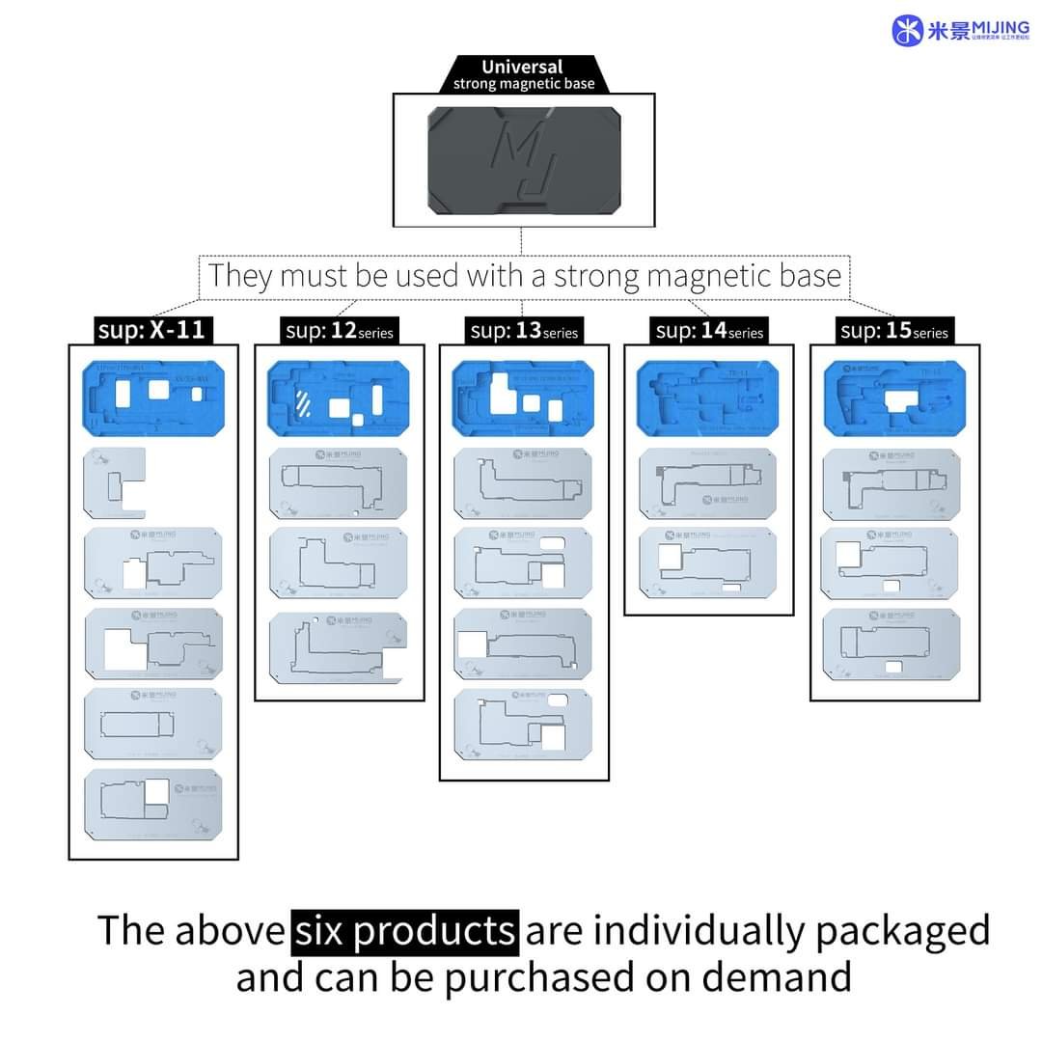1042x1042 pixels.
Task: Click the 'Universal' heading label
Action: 522,68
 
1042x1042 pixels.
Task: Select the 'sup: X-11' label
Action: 151,330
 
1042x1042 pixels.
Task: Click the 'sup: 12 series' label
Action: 340,331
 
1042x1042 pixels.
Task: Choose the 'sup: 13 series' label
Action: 524,331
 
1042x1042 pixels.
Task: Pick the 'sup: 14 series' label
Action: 709,331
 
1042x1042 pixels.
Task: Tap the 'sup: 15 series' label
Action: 894,331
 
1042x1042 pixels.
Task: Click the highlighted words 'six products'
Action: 405,930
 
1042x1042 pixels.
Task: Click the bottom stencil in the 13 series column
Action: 524,724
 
